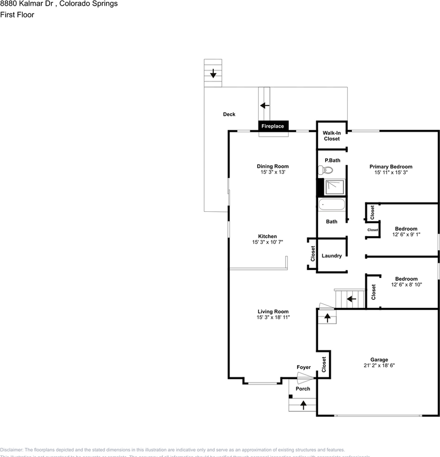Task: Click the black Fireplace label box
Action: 273,126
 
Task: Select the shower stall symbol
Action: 334,187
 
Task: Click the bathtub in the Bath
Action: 332,205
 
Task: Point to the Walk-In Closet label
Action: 331,136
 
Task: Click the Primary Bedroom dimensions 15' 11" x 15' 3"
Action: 391,173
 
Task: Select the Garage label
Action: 379,359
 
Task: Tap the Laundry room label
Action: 331,256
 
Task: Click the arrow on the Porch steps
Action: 302,405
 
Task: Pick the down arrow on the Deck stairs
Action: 213,74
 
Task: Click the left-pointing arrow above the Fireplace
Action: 265,105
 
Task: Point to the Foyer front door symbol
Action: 305,378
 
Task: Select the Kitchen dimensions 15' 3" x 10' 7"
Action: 267,243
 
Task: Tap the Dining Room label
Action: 273,166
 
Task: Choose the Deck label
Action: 229,114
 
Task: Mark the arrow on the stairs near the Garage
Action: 351,299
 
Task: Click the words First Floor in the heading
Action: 17,15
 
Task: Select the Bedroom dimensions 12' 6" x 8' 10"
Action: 406,285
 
